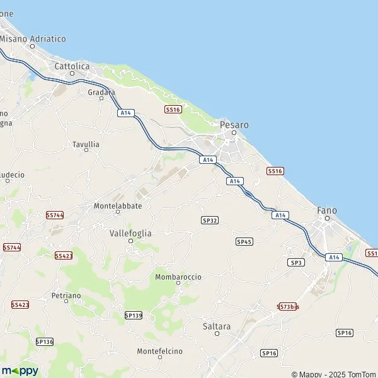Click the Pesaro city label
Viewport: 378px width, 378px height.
[x=234, y=125]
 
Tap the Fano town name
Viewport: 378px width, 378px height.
[x=327, y=210]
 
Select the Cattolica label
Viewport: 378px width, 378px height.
[x=72, y=66]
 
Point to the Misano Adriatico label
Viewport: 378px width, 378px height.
[x=33, y=38]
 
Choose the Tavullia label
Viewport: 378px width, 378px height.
[x=86, y=144]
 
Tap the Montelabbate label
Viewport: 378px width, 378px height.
[x=117, y=205]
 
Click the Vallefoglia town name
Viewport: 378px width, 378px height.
[x=130, y=232]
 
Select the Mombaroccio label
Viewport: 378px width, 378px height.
[x=178, y=276]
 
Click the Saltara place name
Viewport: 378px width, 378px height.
[x=217, y=326]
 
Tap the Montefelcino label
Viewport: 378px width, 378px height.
[x=159, y=350]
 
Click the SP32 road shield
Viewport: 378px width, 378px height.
[x=210, y=220]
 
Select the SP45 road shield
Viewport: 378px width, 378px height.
[x=244, y=241]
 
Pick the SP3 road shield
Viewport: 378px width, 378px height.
[x=296, y=261]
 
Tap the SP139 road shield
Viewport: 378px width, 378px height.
[x=134, y=314]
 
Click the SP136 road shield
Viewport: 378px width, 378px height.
[x=45, y=341]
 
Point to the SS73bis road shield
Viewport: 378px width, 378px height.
[x=288, y=306]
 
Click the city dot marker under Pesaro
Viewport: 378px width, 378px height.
[x=234, y=133]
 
